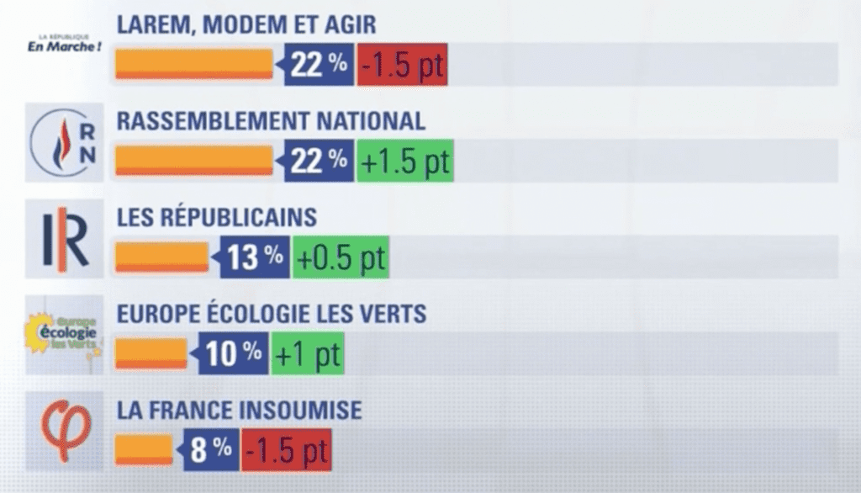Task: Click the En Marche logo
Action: click(65, 44)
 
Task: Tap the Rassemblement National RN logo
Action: click(64, 141)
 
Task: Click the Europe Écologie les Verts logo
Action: click(65, 335)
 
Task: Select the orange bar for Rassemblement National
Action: click(193, 161)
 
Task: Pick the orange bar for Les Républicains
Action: click(161, 257)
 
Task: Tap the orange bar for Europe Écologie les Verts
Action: click(151, 353)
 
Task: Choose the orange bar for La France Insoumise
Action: click(144, 448)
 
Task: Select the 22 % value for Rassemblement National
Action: click(319, 161)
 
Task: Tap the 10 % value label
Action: click(233, 353)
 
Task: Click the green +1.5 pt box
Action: click(404, 161)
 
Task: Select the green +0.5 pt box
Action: click(341, 257)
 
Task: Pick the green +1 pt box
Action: click(307, 353)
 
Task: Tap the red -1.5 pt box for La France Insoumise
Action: click(286, 448)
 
